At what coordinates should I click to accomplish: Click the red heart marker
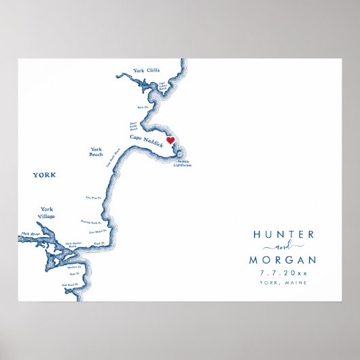[x=170, y=141]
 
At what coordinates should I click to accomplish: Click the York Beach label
[x=96, y=152]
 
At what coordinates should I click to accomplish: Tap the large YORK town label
[x=45, y=175]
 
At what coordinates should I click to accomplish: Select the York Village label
[x=47, y=213]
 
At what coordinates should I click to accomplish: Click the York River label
[x=31, y=234]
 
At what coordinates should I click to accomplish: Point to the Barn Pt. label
[x=142, y=107]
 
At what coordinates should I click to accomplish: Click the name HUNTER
[x=283, y=234]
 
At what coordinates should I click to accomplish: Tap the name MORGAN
[x=283, y=260]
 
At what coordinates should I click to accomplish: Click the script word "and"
[x=284, y=247]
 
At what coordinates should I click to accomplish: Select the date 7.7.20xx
[x=283, y=273]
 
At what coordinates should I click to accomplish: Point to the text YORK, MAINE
[x=283, y=283]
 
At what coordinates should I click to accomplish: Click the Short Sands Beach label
[x=134, y=126]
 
